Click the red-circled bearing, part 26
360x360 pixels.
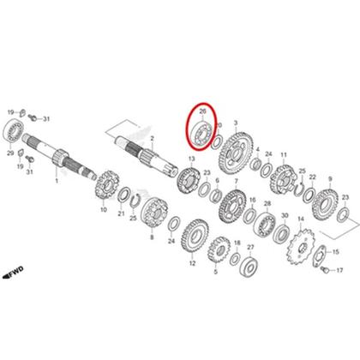[x=202, y=130]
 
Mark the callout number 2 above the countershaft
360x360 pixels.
[x=151, y=137]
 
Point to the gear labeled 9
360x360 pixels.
[x=327, y=203]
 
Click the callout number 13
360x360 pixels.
[x=190, y=159]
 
